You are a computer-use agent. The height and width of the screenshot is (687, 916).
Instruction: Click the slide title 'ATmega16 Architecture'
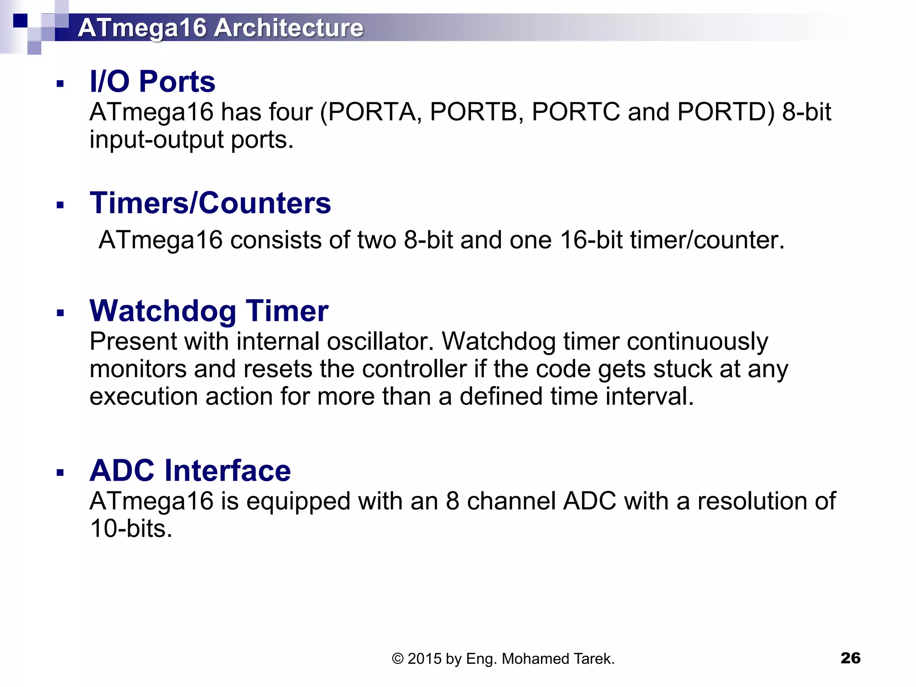pos(221,28)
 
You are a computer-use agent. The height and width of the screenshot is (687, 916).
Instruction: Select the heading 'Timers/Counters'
pos(210,203)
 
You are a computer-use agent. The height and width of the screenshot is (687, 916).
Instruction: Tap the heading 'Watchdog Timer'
pos(209,311)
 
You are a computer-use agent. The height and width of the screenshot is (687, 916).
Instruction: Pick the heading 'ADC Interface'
pos(190,471)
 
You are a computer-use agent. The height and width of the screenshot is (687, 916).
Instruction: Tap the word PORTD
pos(725,112)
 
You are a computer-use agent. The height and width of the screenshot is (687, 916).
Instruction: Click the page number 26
pos(850,658)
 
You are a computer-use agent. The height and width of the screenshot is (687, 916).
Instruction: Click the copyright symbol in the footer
pos(398,659)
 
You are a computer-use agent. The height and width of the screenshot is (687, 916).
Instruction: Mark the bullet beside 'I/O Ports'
pos(60,84)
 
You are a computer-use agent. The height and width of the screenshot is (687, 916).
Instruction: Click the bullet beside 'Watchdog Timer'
pos(60,313)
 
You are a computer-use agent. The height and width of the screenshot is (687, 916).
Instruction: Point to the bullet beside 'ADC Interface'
pos(60,473)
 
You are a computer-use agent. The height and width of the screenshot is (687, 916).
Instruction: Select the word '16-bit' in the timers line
pos(591,240)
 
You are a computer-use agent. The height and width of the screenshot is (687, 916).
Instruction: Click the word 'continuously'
pos(697,342)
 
